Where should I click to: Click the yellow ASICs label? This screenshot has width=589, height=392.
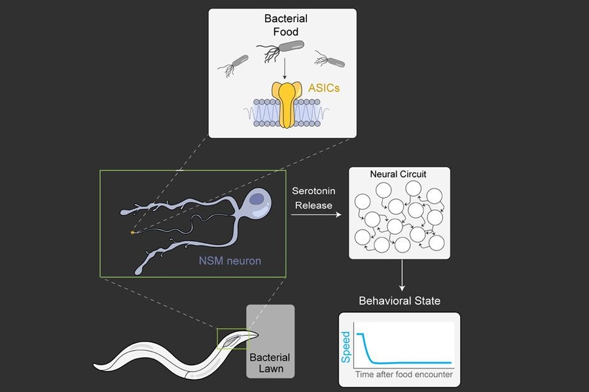pos(323,87)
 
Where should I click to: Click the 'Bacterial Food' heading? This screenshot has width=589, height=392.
pos(281,25)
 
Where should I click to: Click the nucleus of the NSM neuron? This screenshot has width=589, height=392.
pos(257,199)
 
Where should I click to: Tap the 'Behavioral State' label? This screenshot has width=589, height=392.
pos(399,301)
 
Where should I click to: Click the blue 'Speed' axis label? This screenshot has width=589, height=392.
pos(346,348)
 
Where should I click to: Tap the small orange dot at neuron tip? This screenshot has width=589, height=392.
pos(133,232)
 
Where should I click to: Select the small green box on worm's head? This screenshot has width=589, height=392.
pos(233,338)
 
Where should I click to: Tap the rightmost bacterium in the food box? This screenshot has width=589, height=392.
pos(331,61)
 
